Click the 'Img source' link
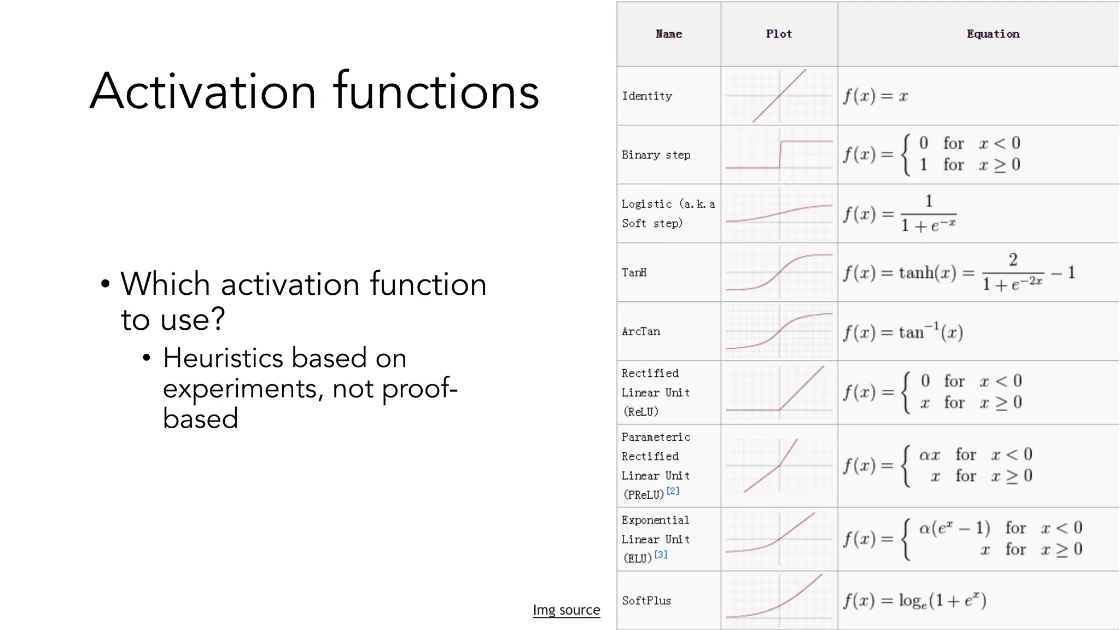566,610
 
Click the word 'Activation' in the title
203,91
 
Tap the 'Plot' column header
779,34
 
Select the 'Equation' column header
993,34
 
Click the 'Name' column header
668,34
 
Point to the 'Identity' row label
647,96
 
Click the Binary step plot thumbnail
779,155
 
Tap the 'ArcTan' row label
641,332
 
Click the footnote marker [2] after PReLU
673,491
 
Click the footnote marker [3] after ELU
661,555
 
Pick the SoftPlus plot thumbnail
779,600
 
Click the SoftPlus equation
914,600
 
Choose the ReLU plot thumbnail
779,392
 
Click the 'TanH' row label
634,273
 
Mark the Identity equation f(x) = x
875,97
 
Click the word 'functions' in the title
436,91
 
